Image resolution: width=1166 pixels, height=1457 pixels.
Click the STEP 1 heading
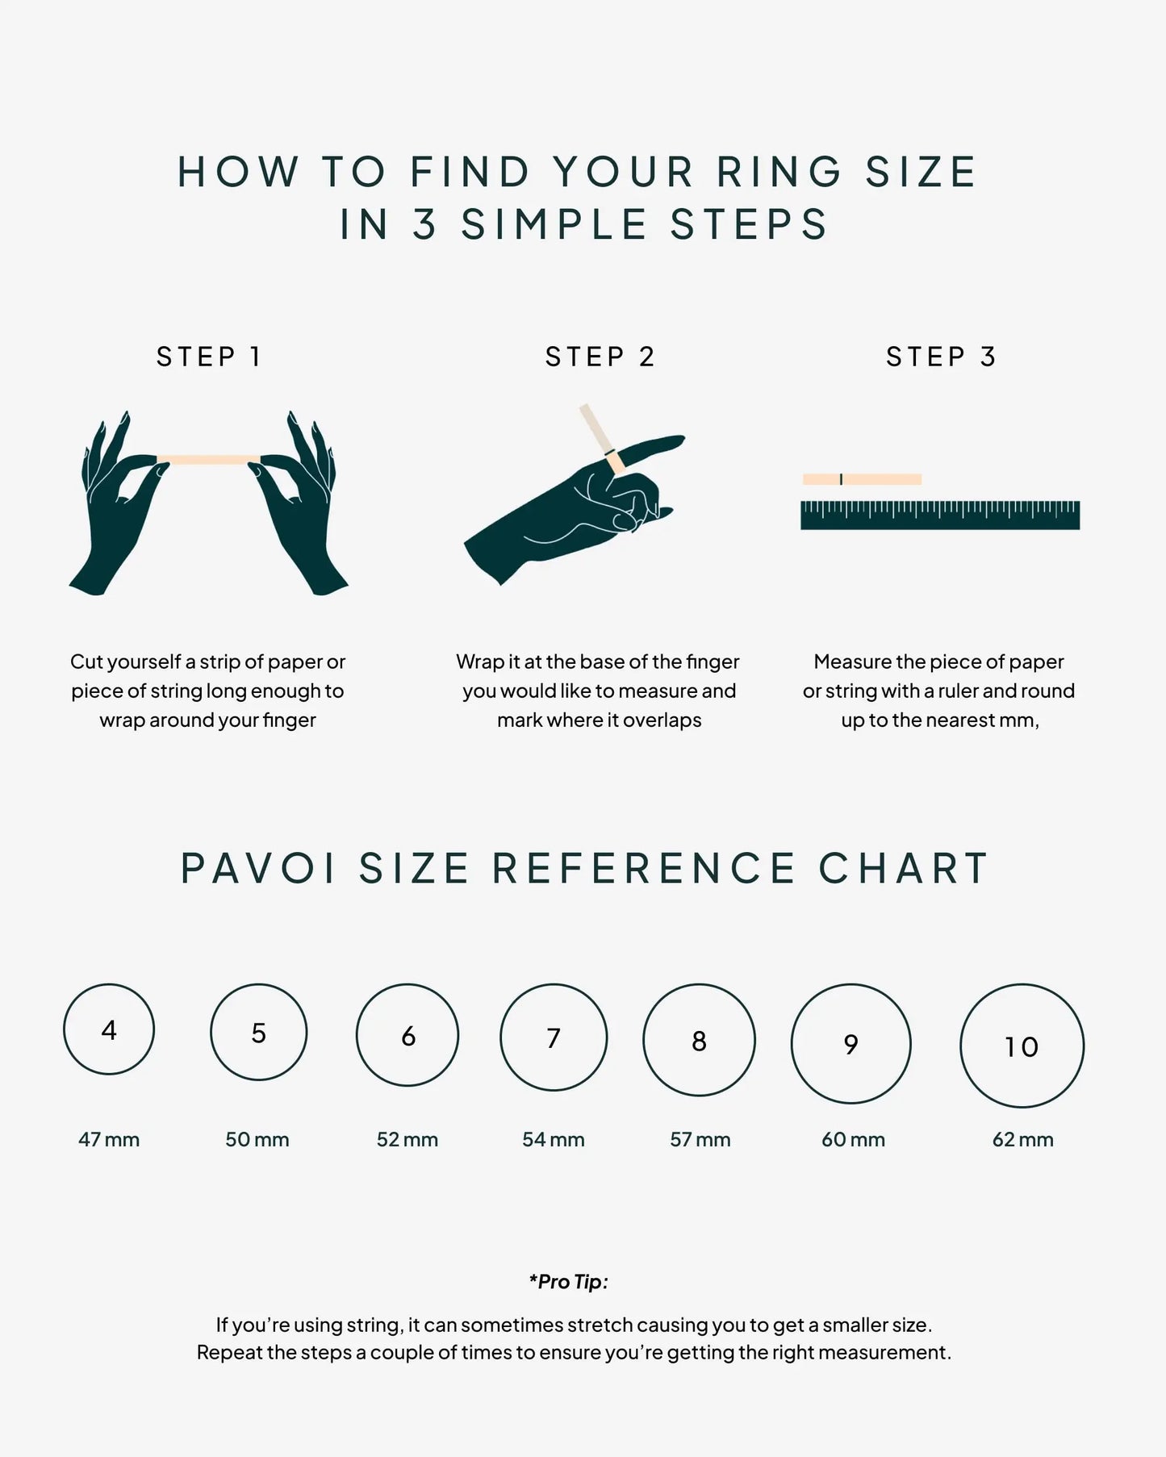tap(208, 357)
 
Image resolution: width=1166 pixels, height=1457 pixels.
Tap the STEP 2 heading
tap(600, 357)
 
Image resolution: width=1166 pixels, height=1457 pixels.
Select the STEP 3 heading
tap(941, 357)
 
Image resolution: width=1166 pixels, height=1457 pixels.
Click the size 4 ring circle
tap(109, 984)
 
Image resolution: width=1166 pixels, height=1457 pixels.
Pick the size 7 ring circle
tap(554, 985)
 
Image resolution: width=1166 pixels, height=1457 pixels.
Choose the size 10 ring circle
tap(1022, 985)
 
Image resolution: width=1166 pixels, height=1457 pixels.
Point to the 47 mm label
tap(109, 1139)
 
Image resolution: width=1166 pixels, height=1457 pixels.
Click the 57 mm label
tap(700, 1139)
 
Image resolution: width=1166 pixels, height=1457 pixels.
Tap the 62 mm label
tap(1023, 1139)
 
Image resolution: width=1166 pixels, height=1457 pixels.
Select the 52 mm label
tap(407, 1139)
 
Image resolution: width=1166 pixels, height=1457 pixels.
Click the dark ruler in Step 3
tap(940, 516)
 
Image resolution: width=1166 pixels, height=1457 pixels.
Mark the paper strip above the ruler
tap(862, 479)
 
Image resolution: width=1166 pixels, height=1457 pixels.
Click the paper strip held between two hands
tap(208, 460)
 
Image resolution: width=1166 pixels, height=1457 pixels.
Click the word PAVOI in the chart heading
tap(258, 869)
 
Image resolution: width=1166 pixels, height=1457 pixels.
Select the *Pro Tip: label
tap(569, 1281)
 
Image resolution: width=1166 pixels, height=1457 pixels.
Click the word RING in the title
tap(779, 172)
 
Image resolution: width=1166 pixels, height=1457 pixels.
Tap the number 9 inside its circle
tap(851, 1045)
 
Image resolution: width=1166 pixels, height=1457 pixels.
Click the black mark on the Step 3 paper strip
tap(841, 479)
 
